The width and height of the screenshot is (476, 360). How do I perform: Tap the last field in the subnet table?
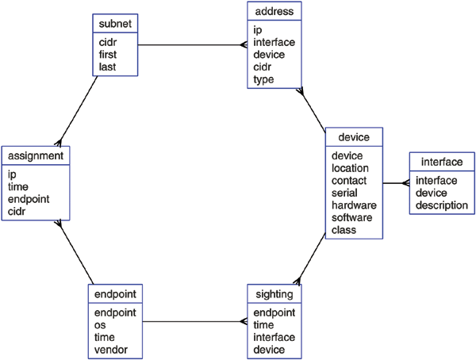pyautogui.click(x=108, y=67)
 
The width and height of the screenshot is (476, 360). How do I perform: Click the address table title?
pyautogui.click(x=274, y=12)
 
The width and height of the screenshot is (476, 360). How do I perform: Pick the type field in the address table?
pyautogui.click(x=263, y=81)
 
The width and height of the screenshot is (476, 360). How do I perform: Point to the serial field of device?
pyautogui.click(x=346, y=193)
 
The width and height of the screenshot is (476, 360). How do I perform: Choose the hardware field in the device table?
pyautogui.click(x=354, y=205)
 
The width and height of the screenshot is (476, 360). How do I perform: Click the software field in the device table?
pyautogui.click(x=353, y=218)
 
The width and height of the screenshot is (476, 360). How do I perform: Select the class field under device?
pyautogui.click(x=344, y=231)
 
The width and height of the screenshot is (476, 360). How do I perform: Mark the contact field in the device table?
pyautogui.click(x=349, y=180)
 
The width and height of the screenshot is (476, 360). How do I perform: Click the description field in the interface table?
pyautogui.click(x=442, y=205)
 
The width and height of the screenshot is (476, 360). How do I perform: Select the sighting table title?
pyautogui.click(x=274, y=294)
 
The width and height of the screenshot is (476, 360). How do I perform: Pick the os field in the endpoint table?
pyautogui.click(x=100, y=325)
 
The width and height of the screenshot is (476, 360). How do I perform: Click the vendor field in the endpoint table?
pyautogui.click(x=110, y=350)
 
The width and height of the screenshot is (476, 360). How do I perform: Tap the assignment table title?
pyautogui.click(x=35, y=155)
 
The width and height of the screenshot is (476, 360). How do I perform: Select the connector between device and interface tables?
pyautogui.click(x=395, y=184)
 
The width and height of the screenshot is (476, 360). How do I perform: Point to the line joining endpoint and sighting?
pyautogui.click(x=194, y=322)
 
